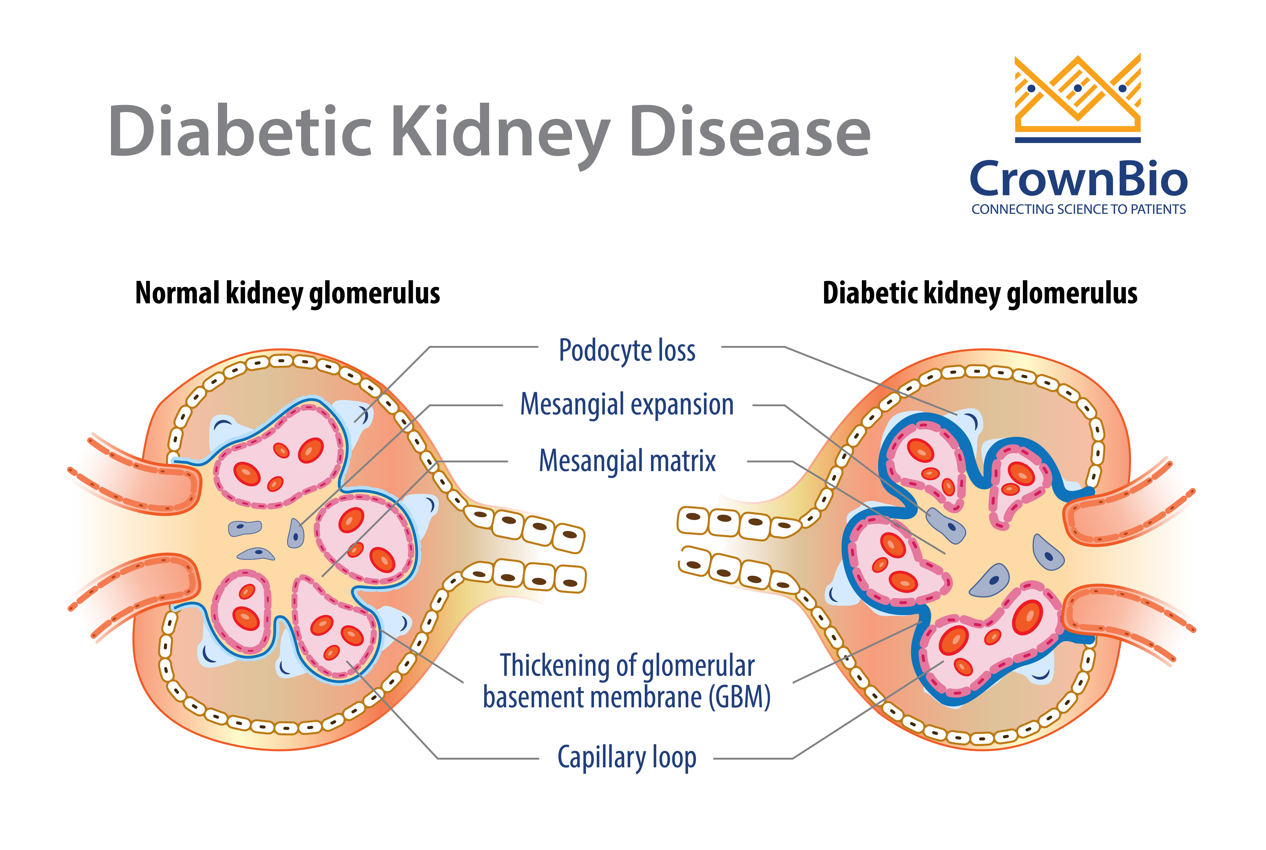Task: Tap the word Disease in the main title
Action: click(x=750, y=130)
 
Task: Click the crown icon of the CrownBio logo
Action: click(x=1078, y=98)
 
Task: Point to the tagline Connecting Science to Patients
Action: click(x=1078, y=209)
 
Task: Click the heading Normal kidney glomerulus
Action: click(x=288, y=293)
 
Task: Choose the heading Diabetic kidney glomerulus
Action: click(x=980, y=293)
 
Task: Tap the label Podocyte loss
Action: click(x=627, y=350)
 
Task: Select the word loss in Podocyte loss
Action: click(x=677, y=350)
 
